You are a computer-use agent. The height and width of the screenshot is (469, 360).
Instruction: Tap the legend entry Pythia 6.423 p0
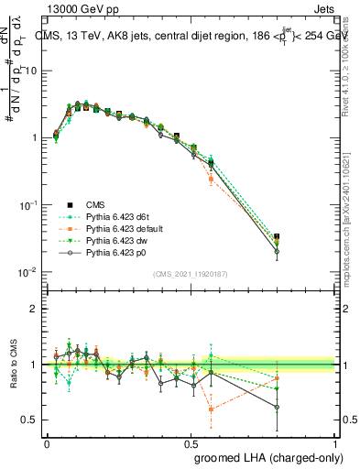tap(111, 250)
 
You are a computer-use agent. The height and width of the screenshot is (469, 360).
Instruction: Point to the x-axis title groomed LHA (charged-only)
tap(265, 455)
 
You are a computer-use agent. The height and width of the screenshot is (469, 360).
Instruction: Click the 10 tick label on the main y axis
tap(30, 71)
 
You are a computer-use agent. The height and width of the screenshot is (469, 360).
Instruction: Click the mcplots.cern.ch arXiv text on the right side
tap(351, 211)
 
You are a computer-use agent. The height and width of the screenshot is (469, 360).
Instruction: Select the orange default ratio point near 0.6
tap(212, 409)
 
